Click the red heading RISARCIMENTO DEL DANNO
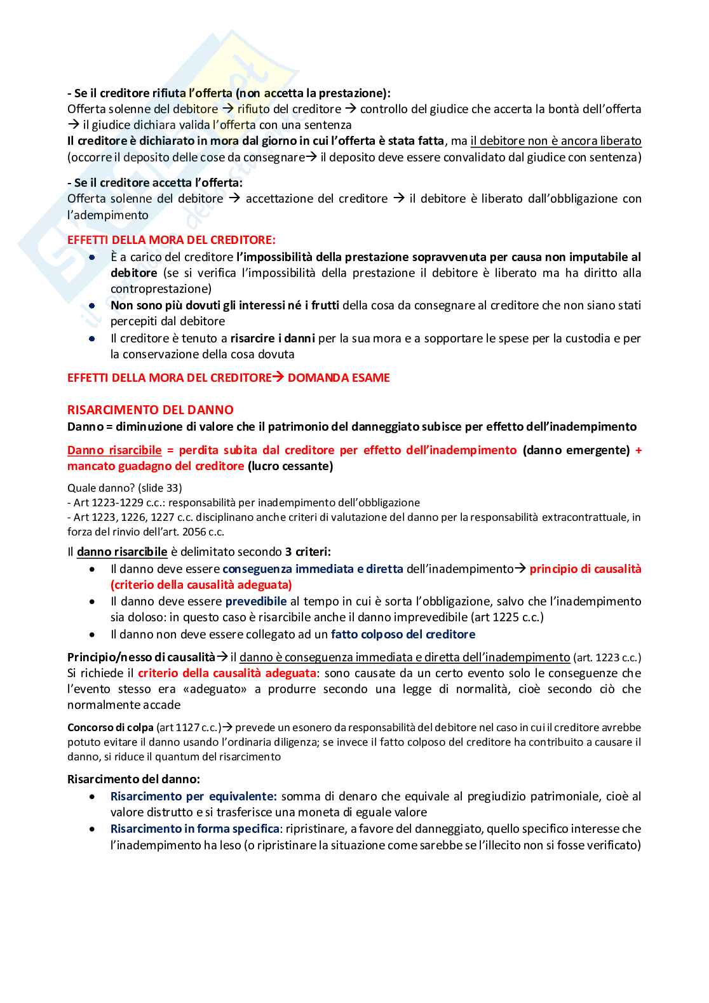(150, 410)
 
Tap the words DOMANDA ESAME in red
(339, 378)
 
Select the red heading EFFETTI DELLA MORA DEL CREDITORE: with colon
(172, 240)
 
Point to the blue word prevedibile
(256, 601)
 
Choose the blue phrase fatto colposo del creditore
(403, 634)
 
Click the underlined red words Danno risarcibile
(114, 450)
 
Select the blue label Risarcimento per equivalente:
(194, 796)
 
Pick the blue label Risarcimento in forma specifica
(195, 828)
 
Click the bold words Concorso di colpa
(111, 727)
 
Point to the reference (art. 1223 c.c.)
(607, 657)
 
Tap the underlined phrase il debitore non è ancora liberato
(556, 141)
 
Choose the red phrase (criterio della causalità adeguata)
(201, 585)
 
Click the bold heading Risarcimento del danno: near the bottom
(133, 779)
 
